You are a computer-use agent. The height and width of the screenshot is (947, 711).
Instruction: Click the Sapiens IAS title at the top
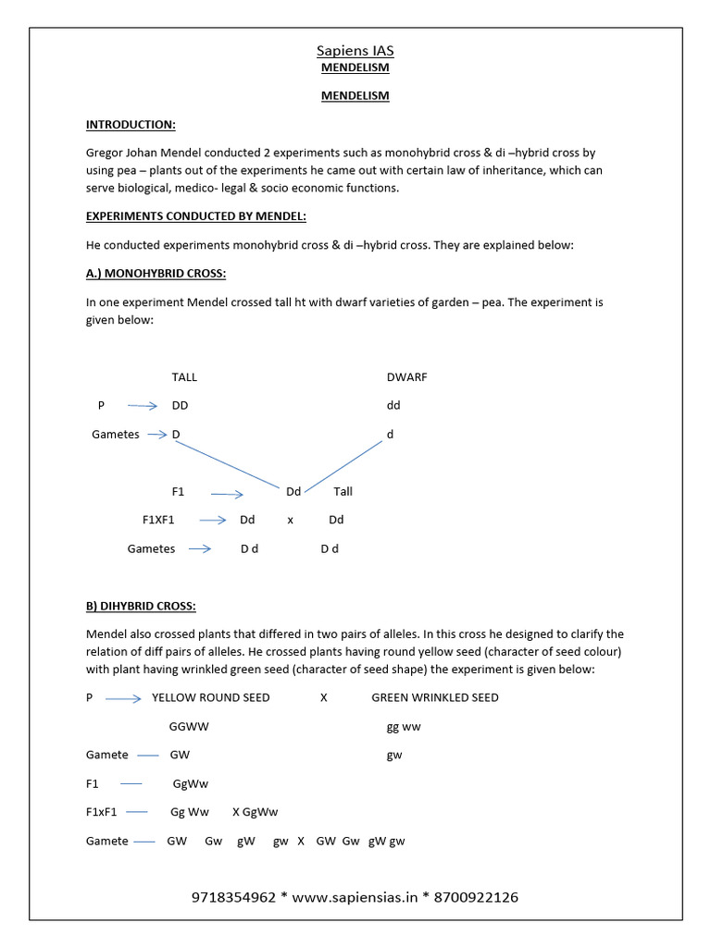[355, 51]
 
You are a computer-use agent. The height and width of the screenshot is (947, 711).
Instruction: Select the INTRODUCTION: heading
[131, 124]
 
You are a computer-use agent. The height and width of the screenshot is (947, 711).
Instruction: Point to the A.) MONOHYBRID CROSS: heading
[156, 274]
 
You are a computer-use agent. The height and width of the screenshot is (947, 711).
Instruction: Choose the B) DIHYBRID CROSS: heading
[141, 606]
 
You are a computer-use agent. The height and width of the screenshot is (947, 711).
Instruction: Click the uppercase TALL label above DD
[184, 377]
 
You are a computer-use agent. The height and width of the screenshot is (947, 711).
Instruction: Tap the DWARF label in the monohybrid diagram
[406, 377]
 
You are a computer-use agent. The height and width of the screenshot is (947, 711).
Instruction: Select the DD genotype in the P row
[181, 405]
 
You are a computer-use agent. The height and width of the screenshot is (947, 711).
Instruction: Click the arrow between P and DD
[143, 406]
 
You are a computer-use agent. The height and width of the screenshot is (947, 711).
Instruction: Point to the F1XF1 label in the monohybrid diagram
[158, 520]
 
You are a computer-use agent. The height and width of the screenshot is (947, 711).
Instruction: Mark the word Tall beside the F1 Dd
[343, 492]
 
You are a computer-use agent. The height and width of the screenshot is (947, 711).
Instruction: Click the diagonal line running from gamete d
[344, 465]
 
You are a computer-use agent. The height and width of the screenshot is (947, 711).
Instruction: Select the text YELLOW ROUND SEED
[211, 697]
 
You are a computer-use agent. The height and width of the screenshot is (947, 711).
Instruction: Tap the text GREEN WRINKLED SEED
[434, 697]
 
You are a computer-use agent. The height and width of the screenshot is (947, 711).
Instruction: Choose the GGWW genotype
[189, 727]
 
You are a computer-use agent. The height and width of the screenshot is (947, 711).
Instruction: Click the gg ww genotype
[404, 727]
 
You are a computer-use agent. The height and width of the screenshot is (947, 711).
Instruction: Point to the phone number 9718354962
[233, 897]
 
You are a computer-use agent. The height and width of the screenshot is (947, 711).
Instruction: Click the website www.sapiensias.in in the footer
[355, 897]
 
